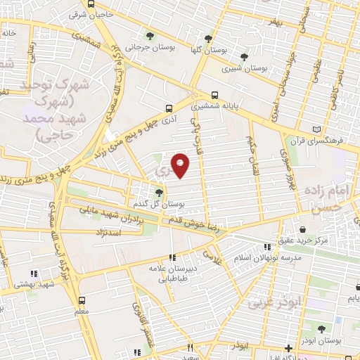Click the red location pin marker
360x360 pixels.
coord(181,165)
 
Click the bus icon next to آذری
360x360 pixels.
coord(169,108)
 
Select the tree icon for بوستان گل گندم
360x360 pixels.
coord(160,193)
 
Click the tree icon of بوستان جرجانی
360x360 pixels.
coord(148,36)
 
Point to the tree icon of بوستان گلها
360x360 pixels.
coord(208,38)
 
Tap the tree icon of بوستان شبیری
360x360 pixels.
coord(244,57)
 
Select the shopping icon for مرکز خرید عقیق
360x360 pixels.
coord(303,229)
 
